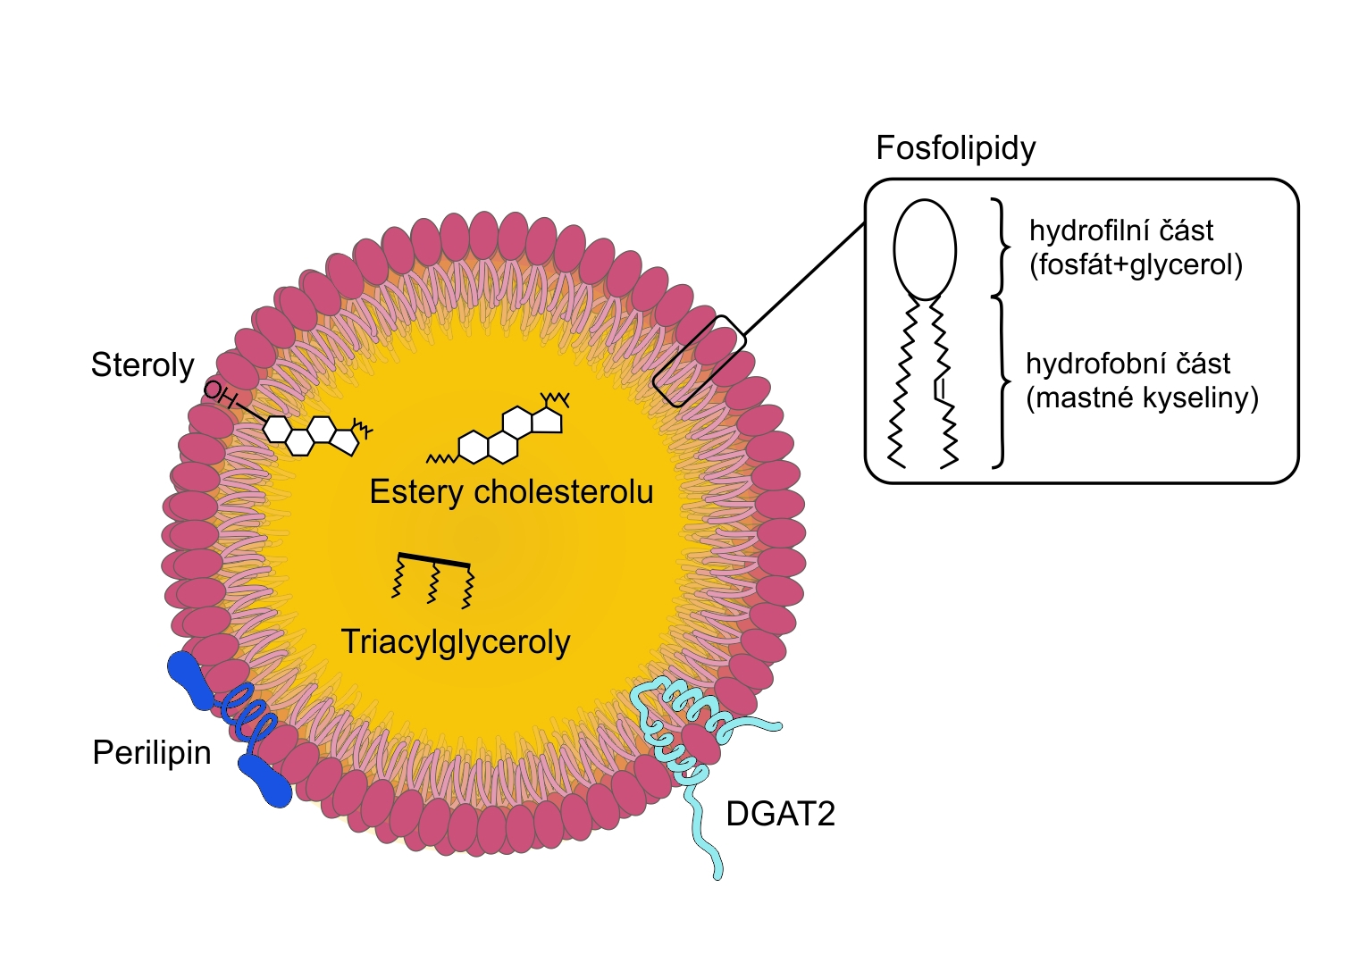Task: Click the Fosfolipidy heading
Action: tap(955, 148)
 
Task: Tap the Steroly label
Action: tap(143, 365)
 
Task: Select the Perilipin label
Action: tap(152, 753)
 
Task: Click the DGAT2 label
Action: tap(780, 814)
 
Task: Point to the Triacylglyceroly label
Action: tap(456, 642)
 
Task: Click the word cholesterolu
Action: tap(564, 492)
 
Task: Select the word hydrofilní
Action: tap(1083, 230)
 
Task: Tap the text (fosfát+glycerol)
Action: tap(1136, 265)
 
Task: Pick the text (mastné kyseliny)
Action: tap(1142, 398)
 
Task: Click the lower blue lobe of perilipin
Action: tap(265, 782)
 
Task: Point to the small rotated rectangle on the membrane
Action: tap(699, 361)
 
